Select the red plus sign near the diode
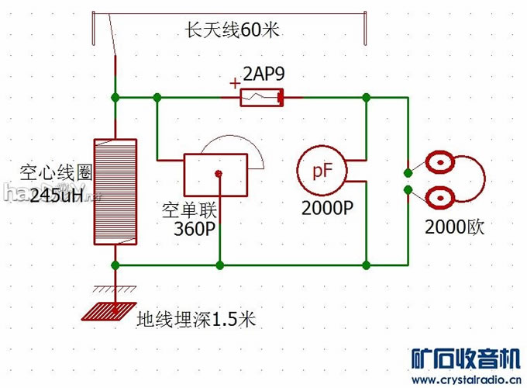coord(235,83)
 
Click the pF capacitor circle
coord(320,171)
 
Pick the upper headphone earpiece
coord(439,165)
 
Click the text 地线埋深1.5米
coord(195,319)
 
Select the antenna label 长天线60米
coord(232,32)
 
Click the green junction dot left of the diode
coord(158,98)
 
